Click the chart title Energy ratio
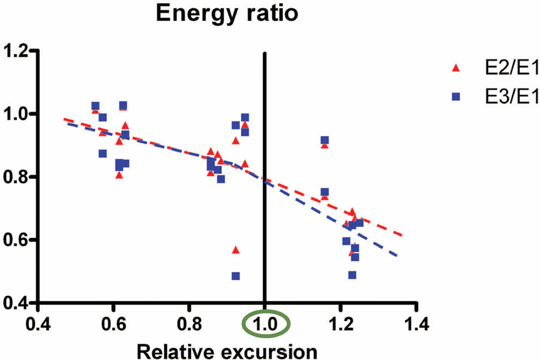click(x=227, y=14)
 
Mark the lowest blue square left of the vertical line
click(x=236, y=276)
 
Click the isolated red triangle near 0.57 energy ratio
click(x=236, y=250)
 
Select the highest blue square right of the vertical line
click(x=325, y=140)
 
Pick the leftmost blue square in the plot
click(x=95, y=106)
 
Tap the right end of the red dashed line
click(x=401, y=236)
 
